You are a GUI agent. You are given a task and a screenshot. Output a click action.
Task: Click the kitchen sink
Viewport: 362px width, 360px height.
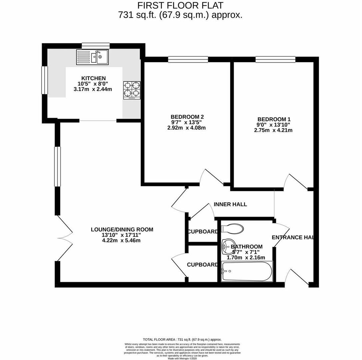(92, 57)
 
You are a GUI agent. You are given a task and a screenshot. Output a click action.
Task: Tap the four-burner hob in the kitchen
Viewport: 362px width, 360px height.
(132, 90)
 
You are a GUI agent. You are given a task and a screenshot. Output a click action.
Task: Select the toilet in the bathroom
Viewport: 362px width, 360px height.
(232, 229)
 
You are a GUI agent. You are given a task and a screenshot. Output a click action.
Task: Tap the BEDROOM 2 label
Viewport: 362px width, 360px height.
(187, 117)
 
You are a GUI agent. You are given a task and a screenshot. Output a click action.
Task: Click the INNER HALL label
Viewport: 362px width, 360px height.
(230, 204)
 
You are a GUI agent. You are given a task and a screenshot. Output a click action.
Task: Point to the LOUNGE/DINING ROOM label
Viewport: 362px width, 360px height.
(122, 229)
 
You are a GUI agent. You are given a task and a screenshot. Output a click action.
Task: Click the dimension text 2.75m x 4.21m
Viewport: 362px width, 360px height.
(273, 130)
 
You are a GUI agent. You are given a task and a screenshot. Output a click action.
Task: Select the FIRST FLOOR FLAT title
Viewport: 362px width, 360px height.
(181, 6)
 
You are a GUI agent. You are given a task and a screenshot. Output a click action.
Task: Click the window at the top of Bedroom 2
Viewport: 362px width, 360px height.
(188, 59)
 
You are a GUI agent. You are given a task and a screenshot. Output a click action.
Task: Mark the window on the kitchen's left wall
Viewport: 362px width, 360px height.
(44, 80)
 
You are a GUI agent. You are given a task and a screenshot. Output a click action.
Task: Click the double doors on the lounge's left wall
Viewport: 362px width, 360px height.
(64, 238)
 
